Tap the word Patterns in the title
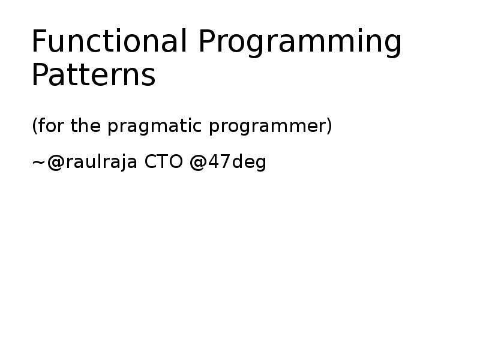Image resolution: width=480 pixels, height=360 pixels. tap(93, 76)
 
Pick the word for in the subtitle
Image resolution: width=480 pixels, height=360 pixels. tap(51, 127)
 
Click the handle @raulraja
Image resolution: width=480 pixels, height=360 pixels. tap(92, 163)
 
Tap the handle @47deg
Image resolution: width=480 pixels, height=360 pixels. tap(227, 163)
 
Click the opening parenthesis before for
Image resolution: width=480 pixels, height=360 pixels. tap(34, 127)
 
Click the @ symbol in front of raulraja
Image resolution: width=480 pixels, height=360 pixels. tap(53, 163)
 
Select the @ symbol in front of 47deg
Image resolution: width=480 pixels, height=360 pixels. tap(197, 163)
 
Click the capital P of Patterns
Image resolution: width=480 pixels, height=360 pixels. tap(40, 76)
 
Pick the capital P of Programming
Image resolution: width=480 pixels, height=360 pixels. tap(208, 42)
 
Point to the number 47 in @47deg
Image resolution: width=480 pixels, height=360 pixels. tap(218, 163)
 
